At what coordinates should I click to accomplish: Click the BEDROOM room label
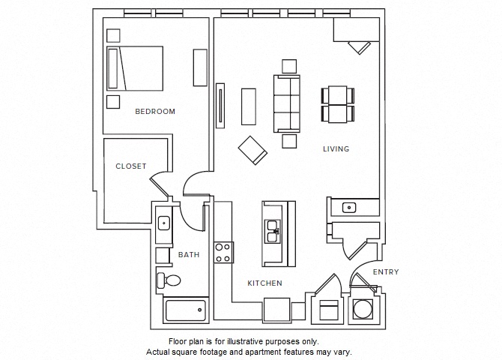tap(155, 112)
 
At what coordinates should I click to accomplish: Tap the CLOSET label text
tap(130, 166)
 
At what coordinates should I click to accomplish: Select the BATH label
tap(189, 255)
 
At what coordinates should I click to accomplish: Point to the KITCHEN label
tap(265, 283)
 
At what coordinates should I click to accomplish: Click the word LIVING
tap(336, 149)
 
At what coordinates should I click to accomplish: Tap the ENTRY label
tap(386, 272)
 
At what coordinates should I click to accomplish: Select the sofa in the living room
tap(287, 103)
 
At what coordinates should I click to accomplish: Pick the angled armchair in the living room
tap(252, 149)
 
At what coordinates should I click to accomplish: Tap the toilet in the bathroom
tap(168, 281)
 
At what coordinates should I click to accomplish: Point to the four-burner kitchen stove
tap(223, 251)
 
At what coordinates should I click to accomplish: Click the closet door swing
tap(160, 184)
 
